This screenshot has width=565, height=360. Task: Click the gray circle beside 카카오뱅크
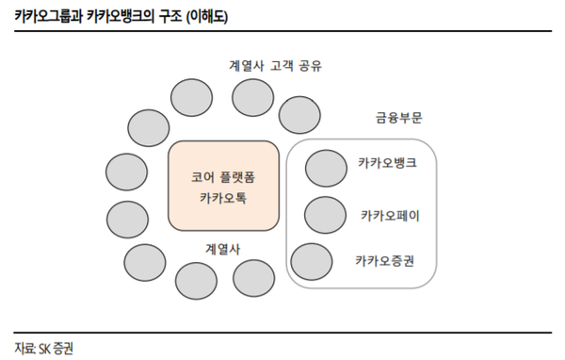coord(326,168)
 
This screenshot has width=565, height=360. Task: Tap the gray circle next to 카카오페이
coord(325,216)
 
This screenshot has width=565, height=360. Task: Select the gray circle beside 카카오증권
coord(312,260)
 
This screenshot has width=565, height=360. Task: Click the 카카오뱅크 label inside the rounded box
coord(387,164)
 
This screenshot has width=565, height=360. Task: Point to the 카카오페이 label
coord(390,216)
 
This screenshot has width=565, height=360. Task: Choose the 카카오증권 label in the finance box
coord(385,260)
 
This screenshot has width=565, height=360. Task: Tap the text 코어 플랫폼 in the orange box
coord(223,176)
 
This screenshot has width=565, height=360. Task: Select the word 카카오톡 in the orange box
coord(223,199)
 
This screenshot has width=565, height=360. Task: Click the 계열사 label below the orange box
coord(223,249)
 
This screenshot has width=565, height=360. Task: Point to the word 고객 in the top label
coord(285,66)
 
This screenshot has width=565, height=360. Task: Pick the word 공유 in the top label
coord(320,66)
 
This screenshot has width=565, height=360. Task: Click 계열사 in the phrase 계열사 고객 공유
coord(248,66)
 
